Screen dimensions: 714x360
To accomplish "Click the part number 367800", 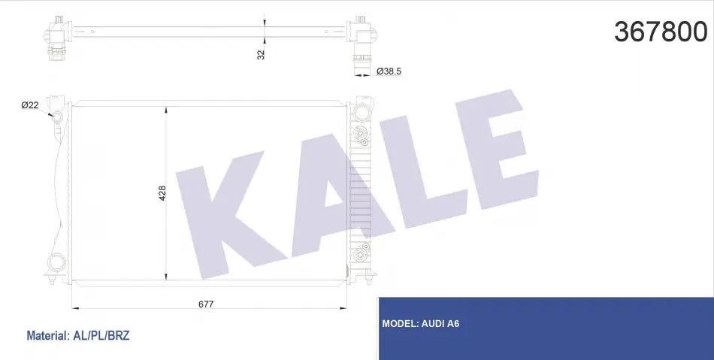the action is click(661, 32).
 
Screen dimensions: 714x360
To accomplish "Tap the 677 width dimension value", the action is click(206, 304).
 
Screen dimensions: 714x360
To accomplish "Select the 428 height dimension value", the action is click(162, 193).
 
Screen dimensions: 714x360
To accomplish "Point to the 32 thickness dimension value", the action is click(261, 55).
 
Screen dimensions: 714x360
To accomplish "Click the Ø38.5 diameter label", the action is click(389, 71).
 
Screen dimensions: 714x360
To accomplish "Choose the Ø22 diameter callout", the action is click(29, 105).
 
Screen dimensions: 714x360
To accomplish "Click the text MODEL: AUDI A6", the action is click(421, 324).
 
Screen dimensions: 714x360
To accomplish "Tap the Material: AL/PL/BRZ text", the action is click(78, 336).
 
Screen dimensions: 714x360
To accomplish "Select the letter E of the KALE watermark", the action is click(496, 150).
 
